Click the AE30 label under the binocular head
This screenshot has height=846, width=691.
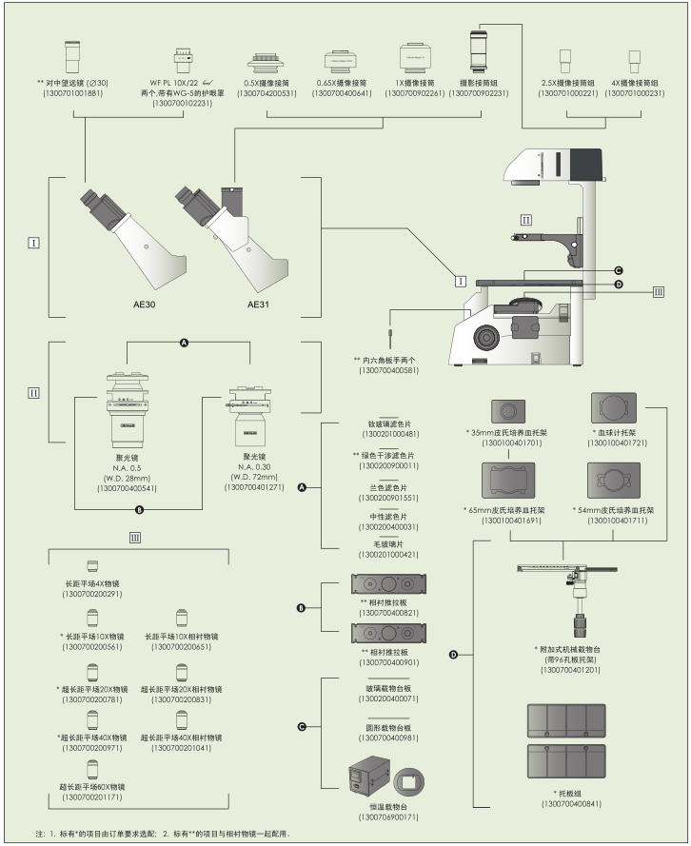132,306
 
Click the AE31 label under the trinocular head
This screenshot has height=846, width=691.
259,306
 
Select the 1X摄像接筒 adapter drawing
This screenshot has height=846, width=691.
418,58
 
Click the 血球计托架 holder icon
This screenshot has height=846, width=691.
612,410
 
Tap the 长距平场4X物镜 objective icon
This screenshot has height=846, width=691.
92,566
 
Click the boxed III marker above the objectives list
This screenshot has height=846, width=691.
136,538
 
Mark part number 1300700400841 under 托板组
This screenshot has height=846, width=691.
567,804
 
